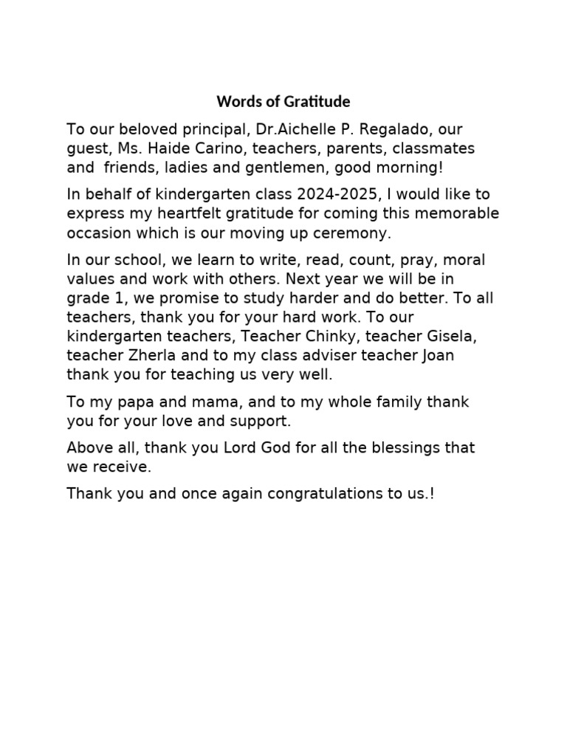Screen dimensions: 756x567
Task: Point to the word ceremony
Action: pos(358,233)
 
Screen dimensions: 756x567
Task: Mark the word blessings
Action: pos(402,448)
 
